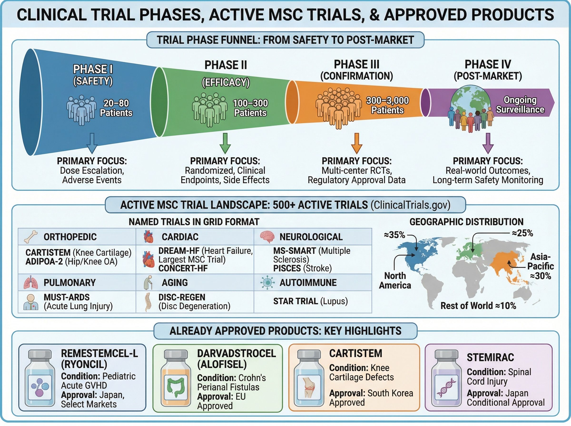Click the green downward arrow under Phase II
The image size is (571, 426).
coord(225,143)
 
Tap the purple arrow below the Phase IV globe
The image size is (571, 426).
coord(488,143)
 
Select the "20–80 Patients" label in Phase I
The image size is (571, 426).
coord(116,108)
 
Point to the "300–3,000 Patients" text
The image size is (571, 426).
coord(387,105)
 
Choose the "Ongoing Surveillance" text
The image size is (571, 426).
coord(520,105)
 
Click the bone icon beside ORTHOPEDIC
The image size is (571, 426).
coord(31,237)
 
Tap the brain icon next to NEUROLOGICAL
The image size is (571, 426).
coord(267,237)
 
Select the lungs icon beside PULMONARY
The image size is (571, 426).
coord(31,283)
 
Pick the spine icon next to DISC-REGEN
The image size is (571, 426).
coord(147,302)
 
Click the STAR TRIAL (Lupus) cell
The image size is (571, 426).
coord(310,301)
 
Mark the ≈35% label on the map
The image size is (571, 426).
coord(394,235)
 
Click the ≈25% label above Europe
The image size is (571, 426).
coord(522,233)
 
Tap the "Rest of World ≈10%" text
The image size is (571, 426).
coord(478,306)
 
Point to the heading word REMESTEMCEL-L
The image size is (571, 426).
coord(99,353)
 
